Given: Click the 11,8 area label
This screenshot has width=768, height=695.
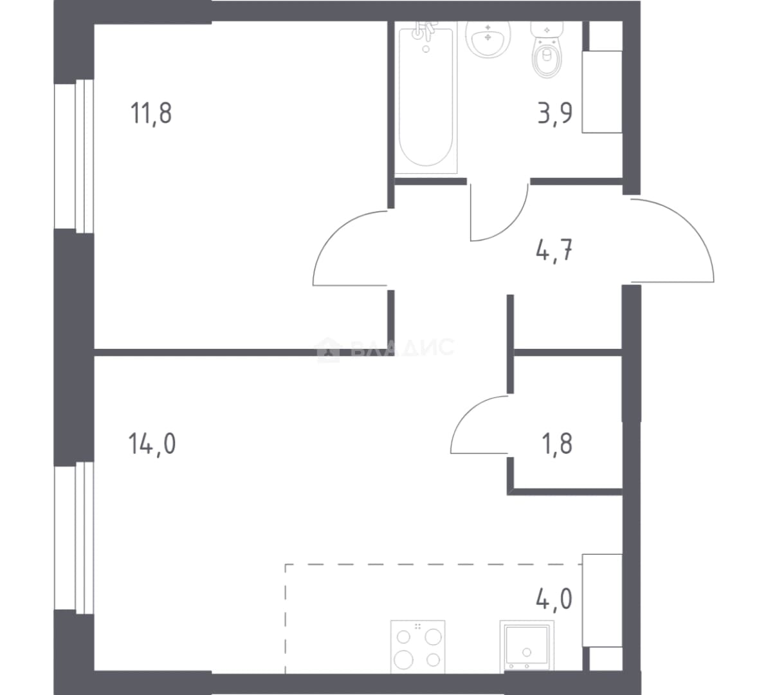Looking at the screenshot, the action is pyautogui.click(x=151, y=113).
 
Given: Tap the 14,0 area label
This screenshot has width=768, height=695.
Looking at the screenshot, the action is pyautogui.click(x=152, y=444).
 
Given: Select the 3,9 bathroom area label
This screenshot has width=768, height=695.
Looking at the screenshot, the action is pyautogui.click(x=555, y=113).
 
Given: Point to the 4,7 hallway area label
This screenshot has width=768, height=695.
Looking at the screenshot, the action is pyautogui.click(x=555, y=252).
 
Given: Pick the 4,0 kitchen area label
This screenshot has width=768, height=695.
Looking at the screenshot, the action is pyautogui.click(x=554, y=598).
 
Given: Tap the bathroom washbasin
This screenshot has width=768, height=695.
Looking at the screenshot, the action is pyautogui.click(x=488, y=39).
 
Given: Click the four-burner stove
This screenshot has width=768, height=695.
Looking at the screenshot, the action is pyautogui.click(x=418, y=647).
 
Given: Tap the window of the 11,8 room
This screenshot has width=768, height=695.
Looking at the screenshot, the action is pyautogui.click(x=73, y=156).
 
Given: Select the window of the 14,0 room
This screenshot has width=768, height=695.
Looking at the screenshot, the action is pyautogui.click(x=73, y=538).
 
